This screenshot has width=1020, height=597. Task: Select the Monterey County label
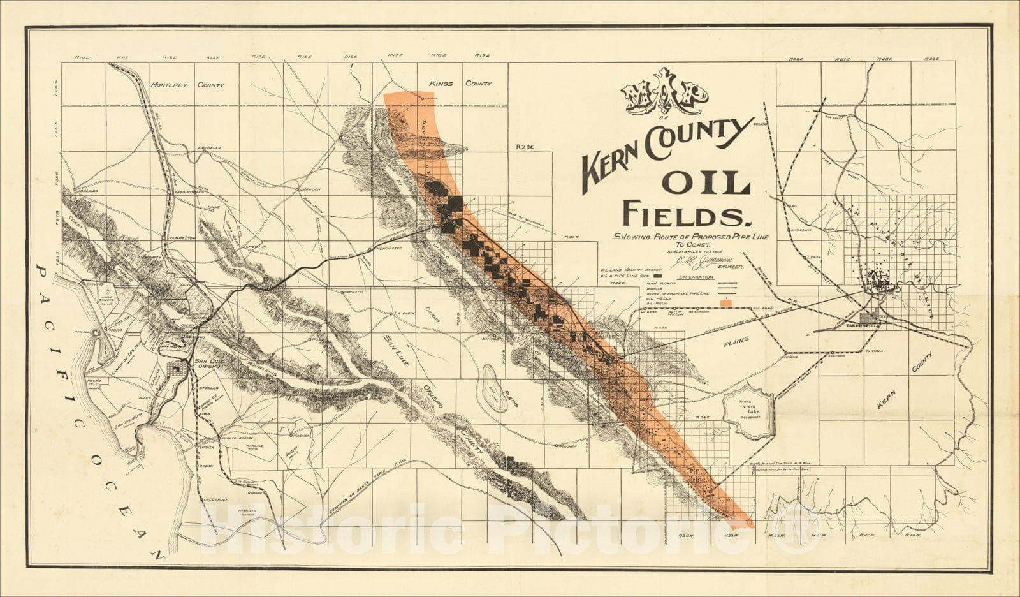(188, 85)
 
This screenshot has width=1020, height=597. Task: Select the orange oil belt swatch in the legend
(725, 302)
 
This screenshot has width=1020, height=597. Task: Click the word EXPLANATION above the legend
(696, 277)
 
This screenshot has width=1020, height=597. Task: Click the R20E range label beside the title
(524, 146)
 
